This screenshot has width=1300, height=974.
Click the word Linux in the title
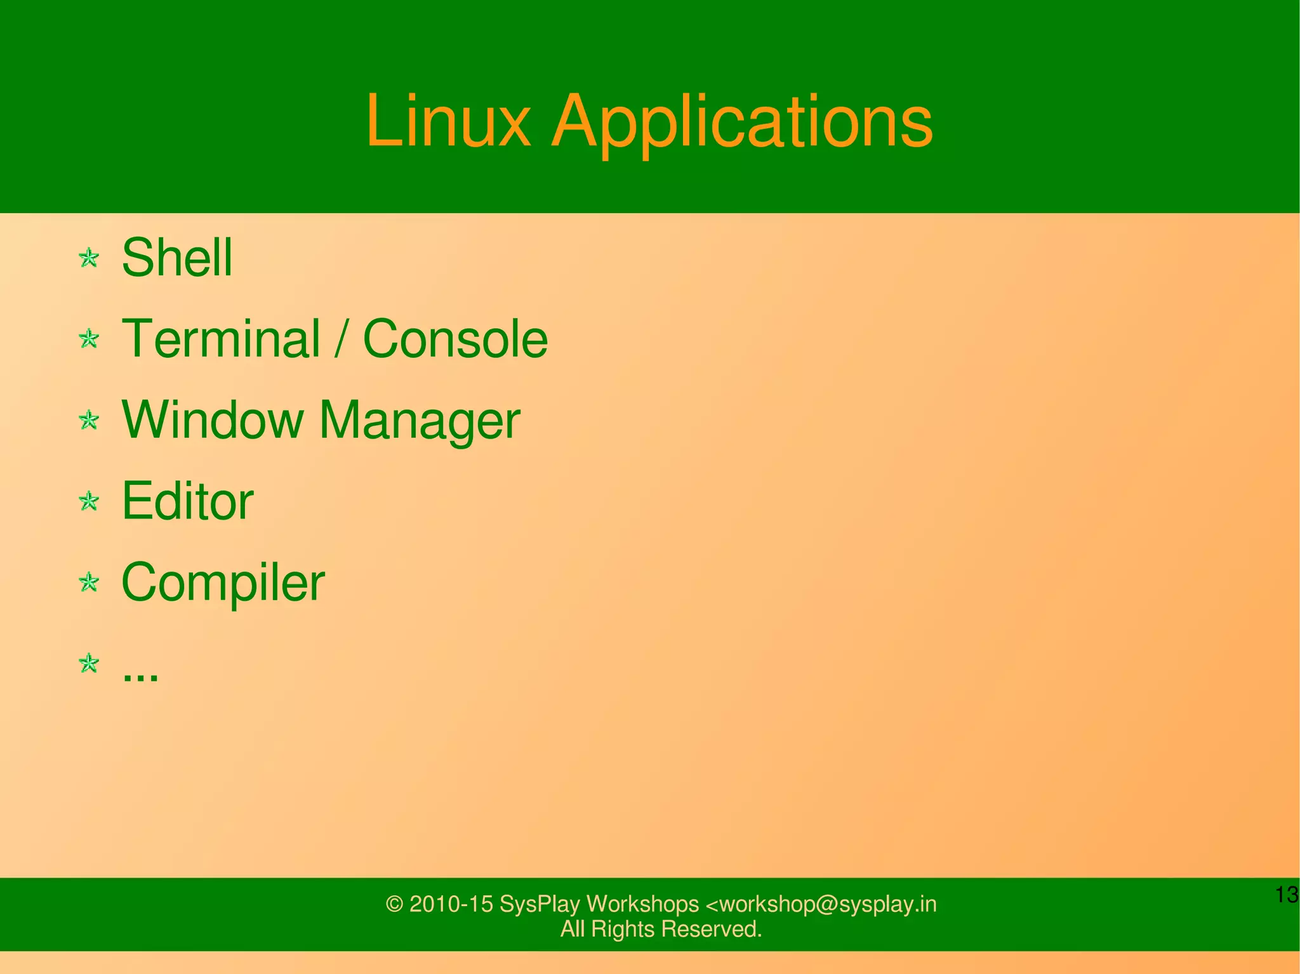coord(448,121)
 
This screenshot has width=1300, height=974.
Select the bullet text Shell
coord(176,258)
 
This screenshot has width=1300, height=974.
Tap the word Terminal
coord(220,339)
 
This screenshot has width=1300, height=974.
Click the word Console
coord(454,339)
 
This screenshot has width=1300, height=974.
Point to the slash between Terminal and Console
coord(342,339)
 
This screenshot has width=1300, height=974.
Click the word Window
coord(212,420)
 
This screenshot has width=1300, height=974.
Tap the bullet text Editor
coord(187,501)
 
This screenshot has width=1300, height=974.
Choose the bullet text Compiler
coord(223,582)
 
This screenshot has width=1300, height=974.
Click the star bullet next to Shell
coord(89,258)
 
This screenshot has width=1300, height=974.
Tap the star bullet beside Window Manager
coord(89,419)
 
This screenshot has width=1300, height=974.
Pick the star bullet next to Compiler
coord(89,582)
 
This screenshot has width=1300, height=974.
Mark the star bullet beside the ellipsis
coord(89,663)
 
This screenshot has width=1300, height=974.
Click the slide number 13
coord(1287,895)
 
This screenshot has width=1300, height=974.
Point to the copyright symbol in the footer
coord(394,904)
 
